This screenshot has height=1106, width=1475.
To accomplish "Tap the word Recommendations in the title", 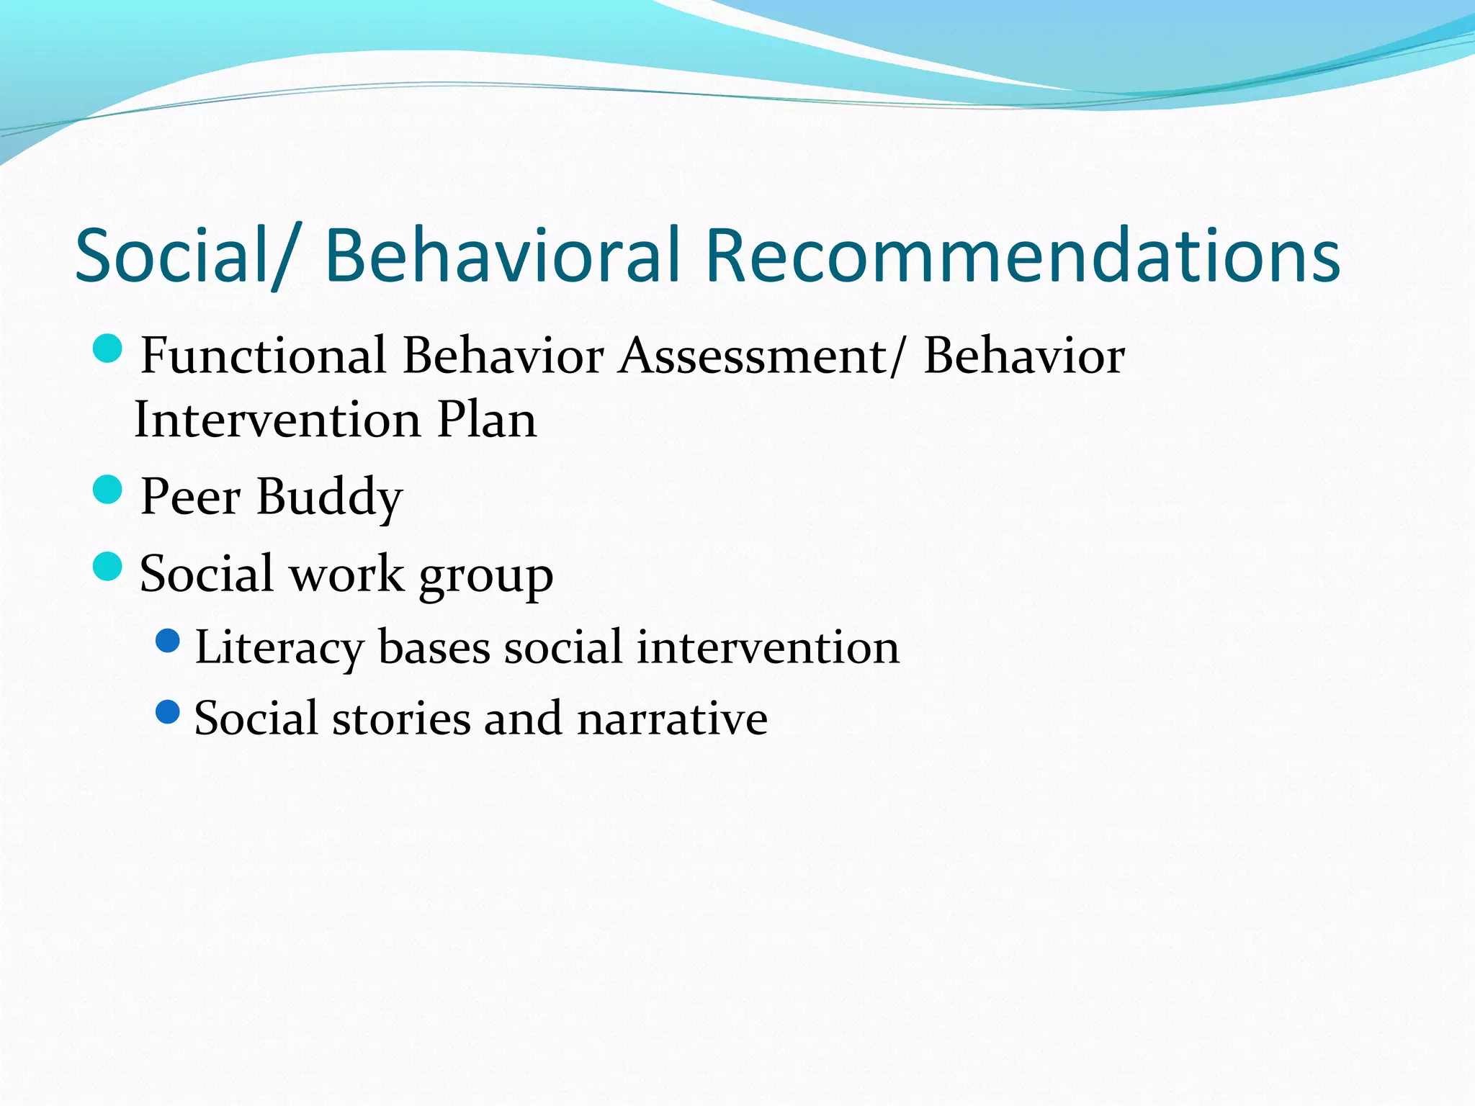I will [x=1021, y=256].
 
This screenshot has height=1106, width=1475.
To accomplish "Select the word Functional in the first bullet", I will [x=263, y=356].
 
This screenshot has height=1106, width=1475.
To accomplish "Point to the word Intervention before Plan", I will [x=277, y=420].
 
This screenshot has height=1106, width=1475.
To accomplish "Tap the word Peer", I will [x=190, y=496].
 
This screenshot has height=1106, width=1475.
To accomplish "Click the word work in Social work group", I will [x=346, y=574].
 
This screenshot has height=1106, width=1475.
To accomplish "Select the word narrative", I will [x=672, y=719].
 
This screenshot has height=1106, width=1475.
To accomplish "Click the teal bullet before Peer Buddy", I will [x=108, y=490].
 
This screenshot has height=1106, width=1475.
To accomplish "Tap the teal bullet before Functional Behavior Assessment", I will [x=108, y=349].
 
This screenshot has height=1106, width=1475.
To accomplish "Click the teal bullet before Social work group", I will [x=108, y=567].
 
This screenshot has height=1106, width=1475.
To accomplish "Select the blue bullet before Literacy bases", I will [x=168, y=640].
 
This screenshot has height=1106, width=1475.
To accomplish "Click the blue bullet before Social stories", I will [x=168, y=712].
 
